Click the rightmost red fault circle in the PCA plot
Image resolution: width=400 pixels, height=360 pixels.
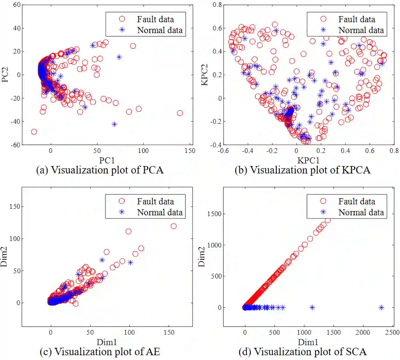[x=180, y=113]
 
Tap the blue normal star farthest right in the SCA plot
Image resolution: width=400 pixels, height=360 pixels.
[x=381, y=307]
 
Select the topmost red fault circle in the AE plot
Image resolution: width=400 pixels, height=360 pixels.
[x=173, y=226]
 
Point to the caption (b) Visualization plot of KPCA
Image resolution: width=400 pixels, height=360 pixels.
[x=302, y=170]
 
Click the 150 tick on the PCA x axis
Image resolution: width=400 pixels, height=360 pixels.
[x=190, y=151]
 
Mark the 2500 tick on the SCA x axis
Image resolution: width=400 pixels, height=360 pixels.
[x=393, y=333]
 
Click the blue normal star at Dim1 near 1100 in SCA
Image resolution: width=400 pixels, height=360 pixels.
[x=312, y=307]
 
